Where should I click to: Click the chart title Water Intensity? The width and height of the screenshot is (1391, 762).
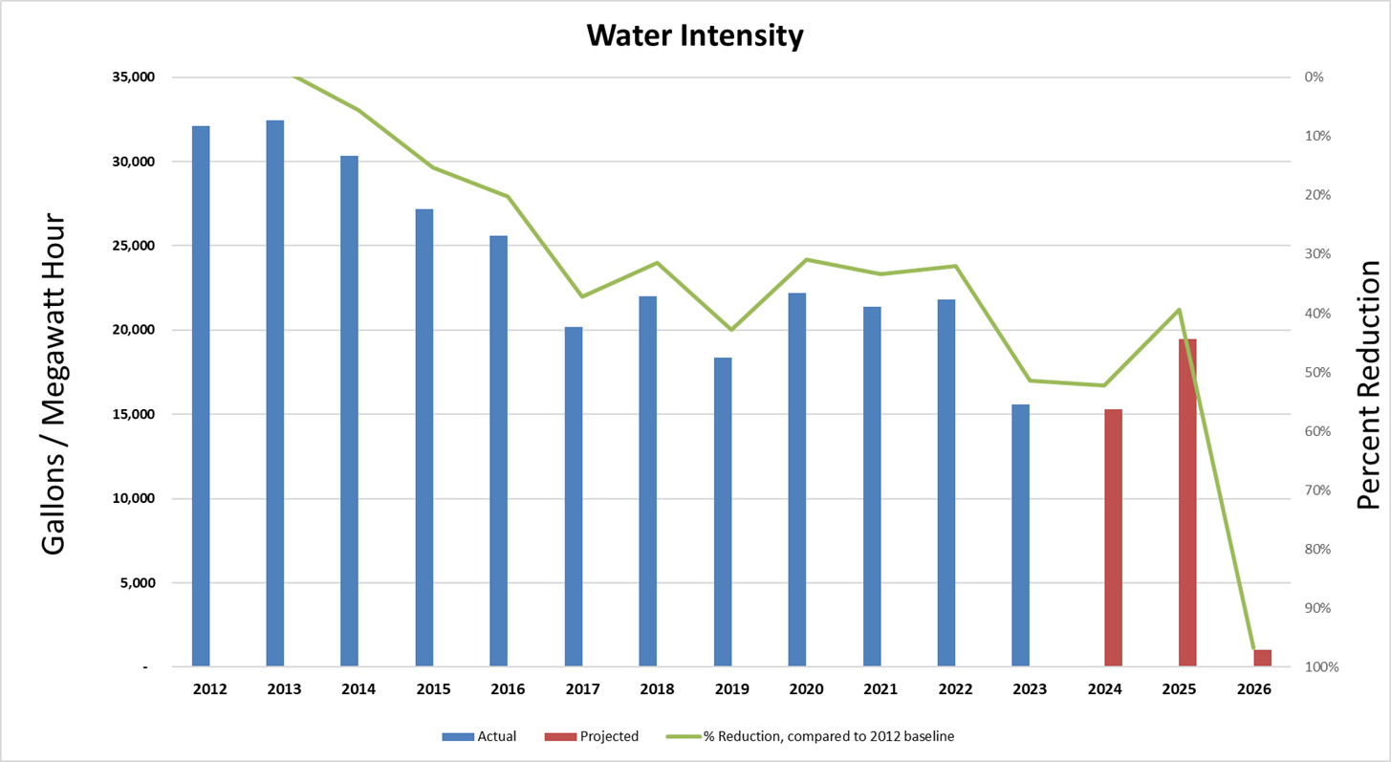(695, 36)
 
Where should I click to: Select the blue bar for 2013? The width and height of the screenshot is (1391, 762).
(275, 393)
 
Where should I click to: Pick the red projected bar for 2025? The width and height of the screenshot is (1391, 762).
(1187, 502)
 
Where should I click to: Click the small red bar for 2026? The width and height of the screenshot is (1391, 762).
(1262, 658)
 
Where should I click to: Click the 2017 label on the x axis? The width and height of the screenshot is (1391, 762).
(582, 689)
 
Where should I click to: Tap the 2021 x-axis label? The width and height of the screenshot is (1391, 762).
(880, 689)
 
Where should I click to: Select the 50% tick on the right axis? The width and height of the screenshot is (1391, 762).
(1317, 372)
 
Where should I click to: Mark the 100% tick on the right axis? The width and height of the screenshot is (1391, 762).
(1320, 667)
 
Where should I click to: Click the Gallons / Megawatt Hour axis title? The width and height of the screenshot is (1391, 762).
(54, 384)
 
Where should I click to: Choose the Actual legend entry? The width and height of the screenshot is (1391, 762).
(480, 736)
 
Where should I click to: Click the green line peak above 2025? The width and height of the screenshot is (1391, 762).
(1181, 310)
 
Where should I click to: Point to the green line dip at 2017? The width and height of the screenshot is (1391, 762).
(582, 296)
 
